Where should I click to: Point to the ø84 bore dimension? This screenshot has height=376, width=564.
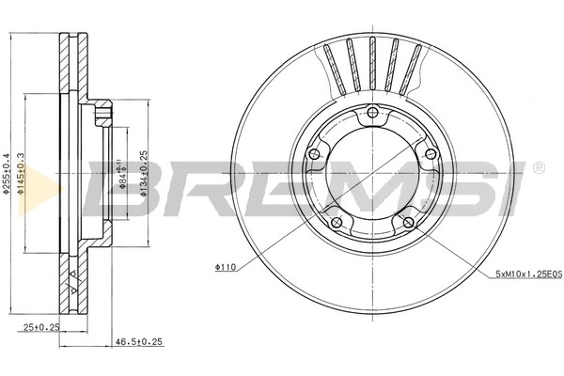(121, 173)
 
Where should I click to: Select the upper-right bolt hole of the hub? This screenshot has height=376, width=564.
(430, 154)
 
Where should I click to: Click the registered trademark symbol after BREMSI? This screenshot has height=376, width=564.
(537, 168)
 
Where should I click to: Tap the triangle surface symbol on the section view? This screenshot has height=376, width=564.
(73, 275)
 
